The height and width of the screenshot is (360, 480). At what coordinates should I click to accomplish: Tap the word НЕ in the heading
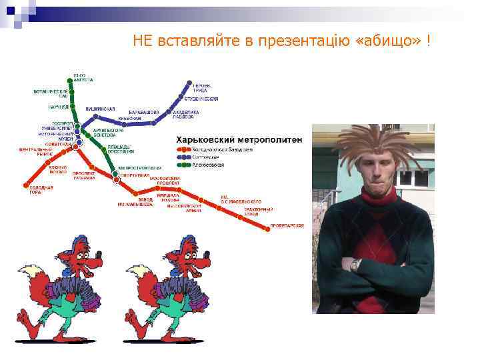pos(143,42)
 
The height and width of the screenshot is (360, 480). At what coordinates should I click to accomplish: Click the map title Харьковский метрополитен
pos(239,140)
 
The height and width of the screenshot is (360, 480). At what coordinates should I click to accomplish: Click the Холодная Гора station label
pos(40,190)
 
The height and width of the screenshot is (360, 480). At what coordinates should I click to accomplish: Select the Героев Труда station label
pos(202,88)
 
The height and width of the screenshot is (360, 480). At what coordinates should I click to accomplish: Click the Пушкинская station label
pos(100,109)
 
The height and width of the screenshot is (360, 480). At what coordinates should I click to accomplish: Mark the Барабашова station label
pos(144,112)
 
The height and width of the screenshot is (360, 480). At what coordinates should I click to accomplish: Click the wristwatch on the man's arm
pos(356,265)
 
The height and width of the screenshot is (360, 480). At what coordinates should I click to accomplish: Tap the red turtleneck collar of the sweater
pos(379,194)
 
